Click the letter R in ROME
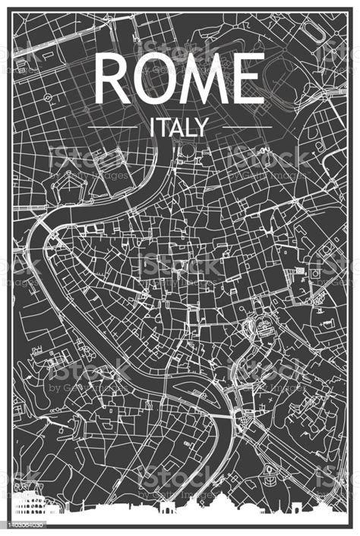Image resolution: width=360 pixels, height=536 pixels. point(113,79)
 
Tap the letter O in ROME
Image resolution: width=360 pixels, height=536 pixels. point(156,79)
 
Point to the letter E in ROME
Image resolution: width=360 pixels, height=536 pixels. point(248,79)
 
